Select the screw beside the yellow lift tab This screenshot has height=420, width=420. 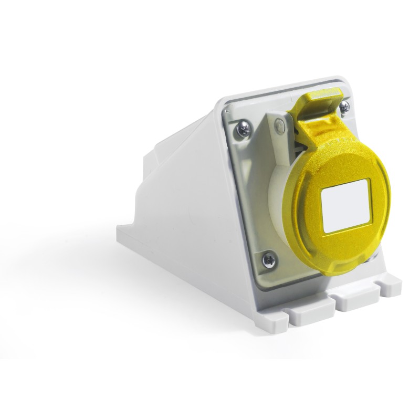[344, 107]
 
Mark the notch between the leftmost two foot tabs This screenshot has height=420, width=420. [288, 314]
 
